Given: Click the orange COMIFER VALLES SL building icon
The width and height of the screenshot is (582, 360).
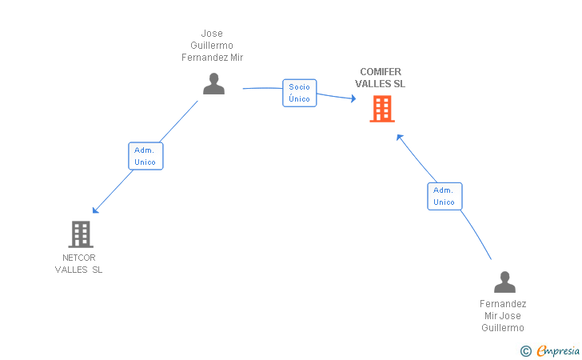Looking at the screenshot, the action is (x=382, y=109).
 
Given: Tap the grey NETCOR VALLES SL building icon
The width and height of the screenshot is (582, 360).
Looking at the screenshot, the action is (x=81, y=234).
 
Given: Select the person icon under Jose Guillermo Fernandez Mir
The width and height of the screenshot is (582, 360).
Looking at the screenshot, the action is (x=213, y=83).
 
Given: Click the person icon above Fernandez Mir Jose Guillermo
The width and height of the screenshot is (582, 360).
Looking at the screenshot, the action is (x=504, y=282).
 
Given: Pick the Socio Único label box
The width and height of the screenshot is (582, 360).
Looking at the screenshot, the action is (x=300, y=93).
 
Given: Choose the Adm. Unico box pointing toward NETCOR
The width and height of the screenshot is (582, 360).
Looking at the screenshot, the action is (x=145, y=156).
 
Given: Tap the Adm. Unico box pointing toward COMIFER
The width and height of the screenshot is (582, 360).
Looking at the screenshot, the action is (x=444, y=196).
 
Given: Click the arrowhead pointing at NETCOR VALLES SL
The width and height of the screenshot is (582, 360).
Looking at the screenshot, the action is (x=95, y=210).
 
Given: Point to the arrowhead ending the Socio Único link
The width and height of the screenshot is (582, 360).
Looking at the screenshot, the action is (x=353, y=98).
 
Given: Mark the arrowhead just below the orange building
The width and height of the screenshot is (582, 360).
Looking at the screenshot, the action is (x=400, y=137).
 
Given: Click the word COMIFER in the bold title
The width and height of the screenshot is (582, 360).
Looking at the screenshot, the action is (x=381, y=72).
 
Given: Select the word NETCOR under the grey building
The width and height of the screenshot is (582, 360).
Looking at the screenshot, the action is (x=78, y=258).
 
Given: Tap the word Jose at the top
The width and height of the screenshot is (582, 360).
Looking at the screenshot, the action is (x=212, y=34).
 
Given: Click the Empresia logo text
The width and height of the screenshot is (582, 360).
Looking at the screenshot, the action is (x=558, y=350).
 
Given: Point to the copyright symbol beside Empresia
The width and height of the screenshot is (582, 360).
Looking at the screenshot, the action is (x=526, y=351).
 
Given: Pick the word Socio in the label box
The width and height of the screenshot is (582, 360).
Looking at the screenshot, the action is (x=299, y=87).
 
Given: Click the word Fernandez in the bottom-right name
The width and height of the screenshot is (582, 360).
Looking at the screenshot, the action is (x=503, y=304).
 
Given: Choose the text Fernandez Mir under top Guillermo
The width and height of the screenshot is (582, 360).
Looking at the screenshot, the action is (x=213, y=58).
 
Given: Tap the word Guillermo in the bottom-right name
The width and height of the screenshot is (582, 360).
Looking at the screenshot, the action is (x=503, y=328).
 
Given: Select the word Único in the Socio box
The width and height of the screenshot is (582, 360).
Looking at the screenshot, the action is (x=299, y=98).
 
